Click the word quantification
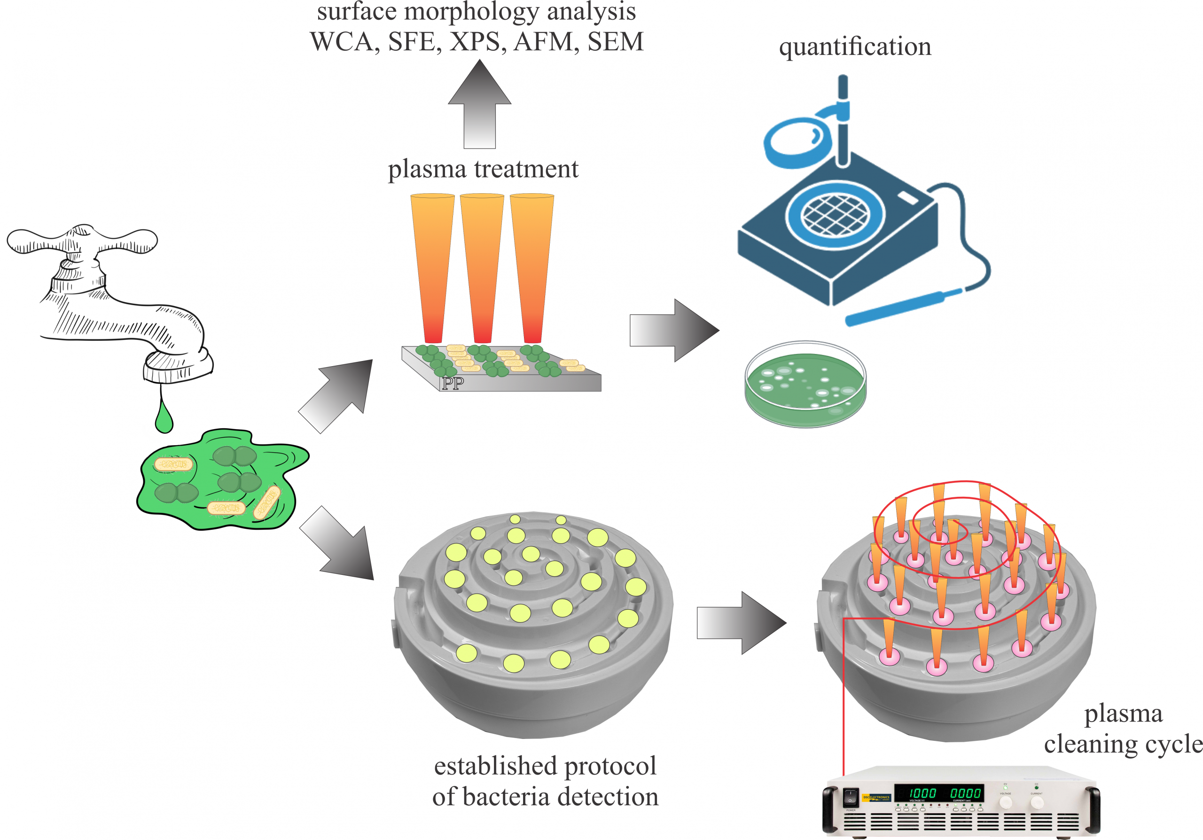[855, 47]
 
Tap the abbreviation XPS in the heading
[478, 42]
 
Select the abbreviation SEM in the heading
[615, 42]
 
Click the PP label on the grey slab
[453, 384]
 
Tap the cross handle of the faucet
[82, 241]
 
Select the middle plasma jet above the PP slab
[482, 267]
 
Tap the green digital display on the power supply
[938, 793]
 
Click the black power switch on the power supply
[850, 797]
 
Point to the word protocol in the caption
[610, 766]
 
